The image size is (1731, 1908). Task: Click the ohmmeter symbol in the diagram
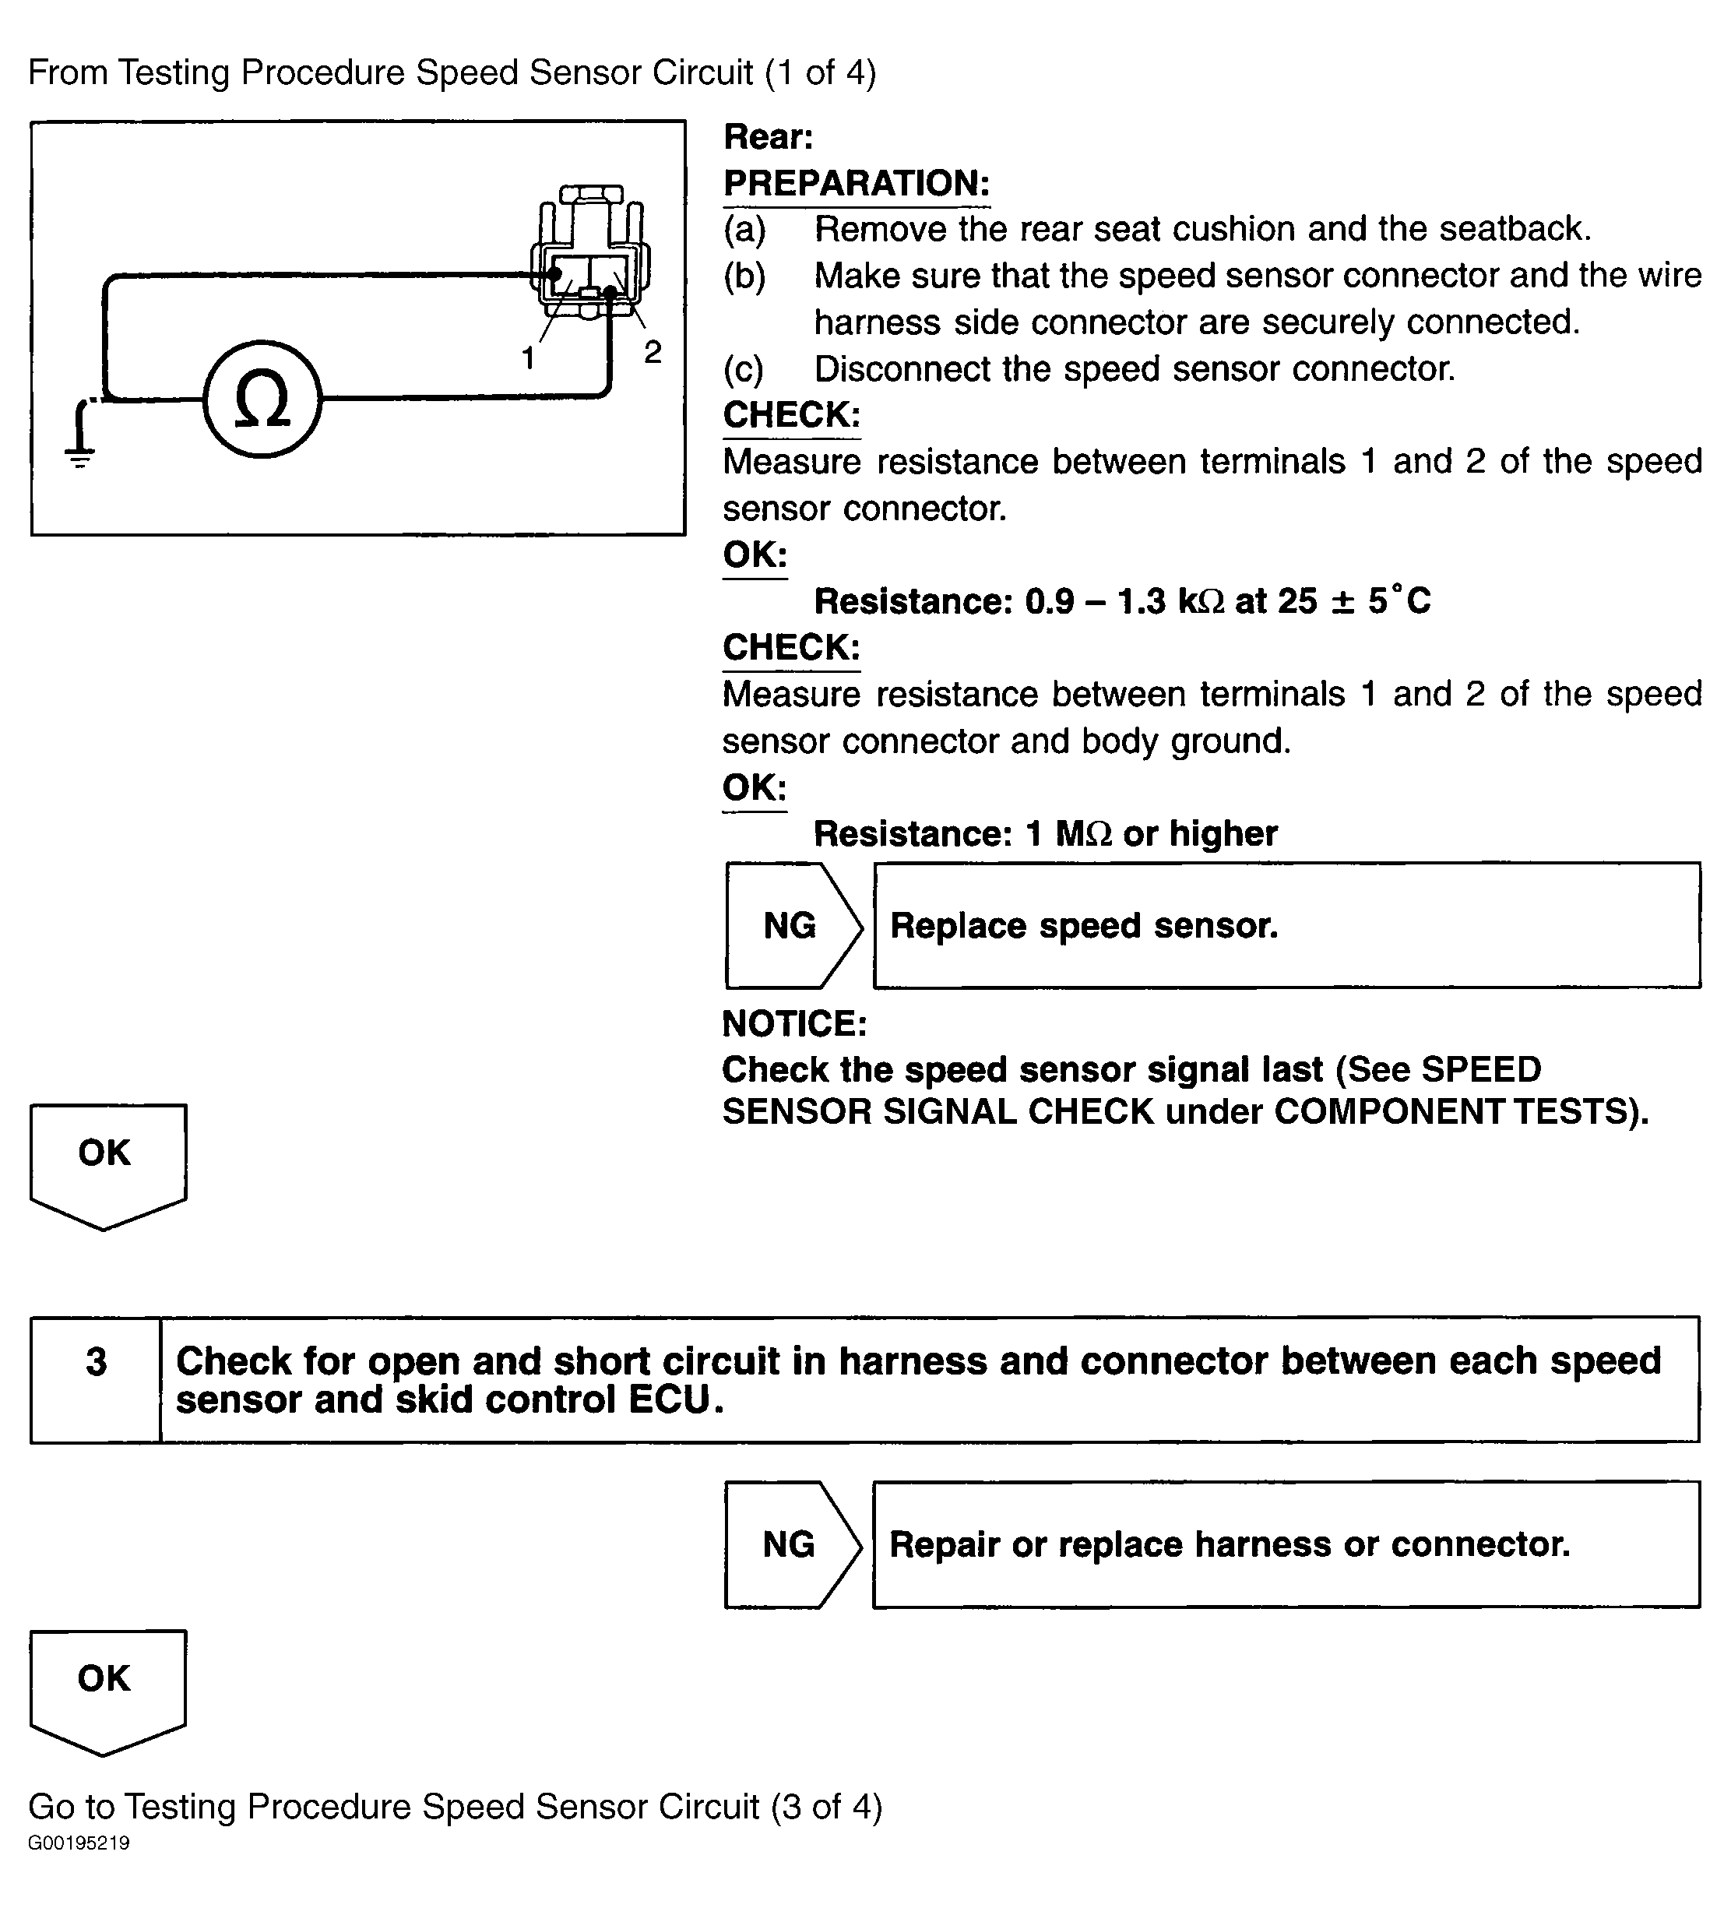tap(262, 399)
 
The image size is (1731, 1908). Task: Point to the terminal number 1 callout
tap(528, 357)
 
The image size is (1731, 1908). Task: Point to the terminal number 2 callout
tap(652, 351)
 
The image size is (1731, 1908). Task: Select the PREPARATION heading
tap(856, 184)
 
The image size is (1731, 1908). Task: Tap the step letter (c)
tap(744, 369)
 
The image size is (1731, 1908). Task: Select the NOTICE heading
tap(794, 1023)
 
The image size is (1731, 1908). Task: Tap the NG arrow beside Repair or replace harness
tap(791, 1544)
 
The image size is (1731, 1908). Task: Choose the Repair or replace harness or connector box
tap(1286, 1544)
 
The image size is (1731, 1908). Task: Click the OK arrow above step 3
tap(107, 1163)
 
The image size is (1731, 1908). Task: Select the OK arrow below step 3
tap(107, 1688)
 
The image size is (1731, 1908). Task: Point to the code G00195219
tap(79, 1843)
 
